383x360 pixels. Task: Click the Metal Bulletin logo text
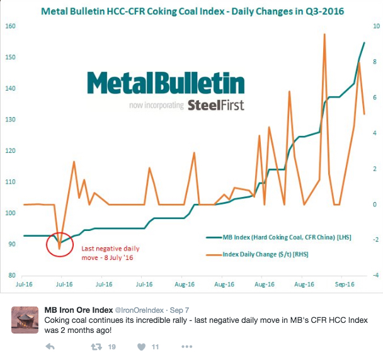click(x=166, y=84)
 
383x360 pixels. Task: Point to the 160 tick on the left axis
click(x=11, y=26)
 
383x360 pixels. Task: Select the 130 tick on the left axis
click(x=11, y=120)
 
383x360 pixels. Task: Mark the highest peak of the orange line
click(x=324, y=35)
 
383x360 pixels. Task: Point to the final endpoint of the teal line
click(x=364, y=43)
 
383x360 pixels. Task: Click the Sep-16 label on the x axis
click(x=345, y=284)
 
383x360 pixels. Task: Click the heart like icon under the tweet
click(x=142, y=347)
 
